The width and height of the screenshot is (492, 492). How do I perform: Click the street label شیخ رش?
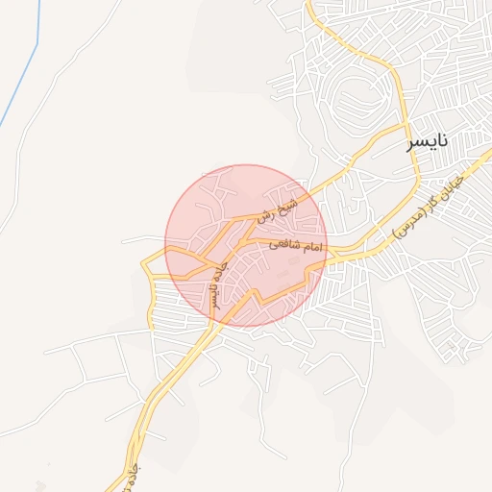pyautogui.click(x=277, y=210)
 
